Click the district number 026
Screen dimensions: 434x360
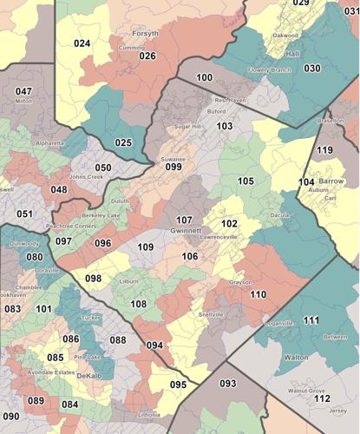tap(147, 56)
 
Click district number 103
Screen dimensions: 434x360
tap(225, 126)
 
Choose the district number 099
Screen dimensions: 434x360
tap(173, 167)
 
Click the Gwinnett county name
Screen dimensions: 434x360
tap(186, 232)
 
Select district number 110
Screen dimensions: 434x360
tap(258, 294)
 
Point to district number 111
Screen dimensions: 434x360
tap(311, 320)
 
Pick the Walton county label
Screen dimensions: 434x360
tap(296, 357)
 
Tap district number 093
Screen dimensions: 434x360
tap(228, 383)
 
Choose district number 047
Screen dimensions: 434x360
tap(23, 91)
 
